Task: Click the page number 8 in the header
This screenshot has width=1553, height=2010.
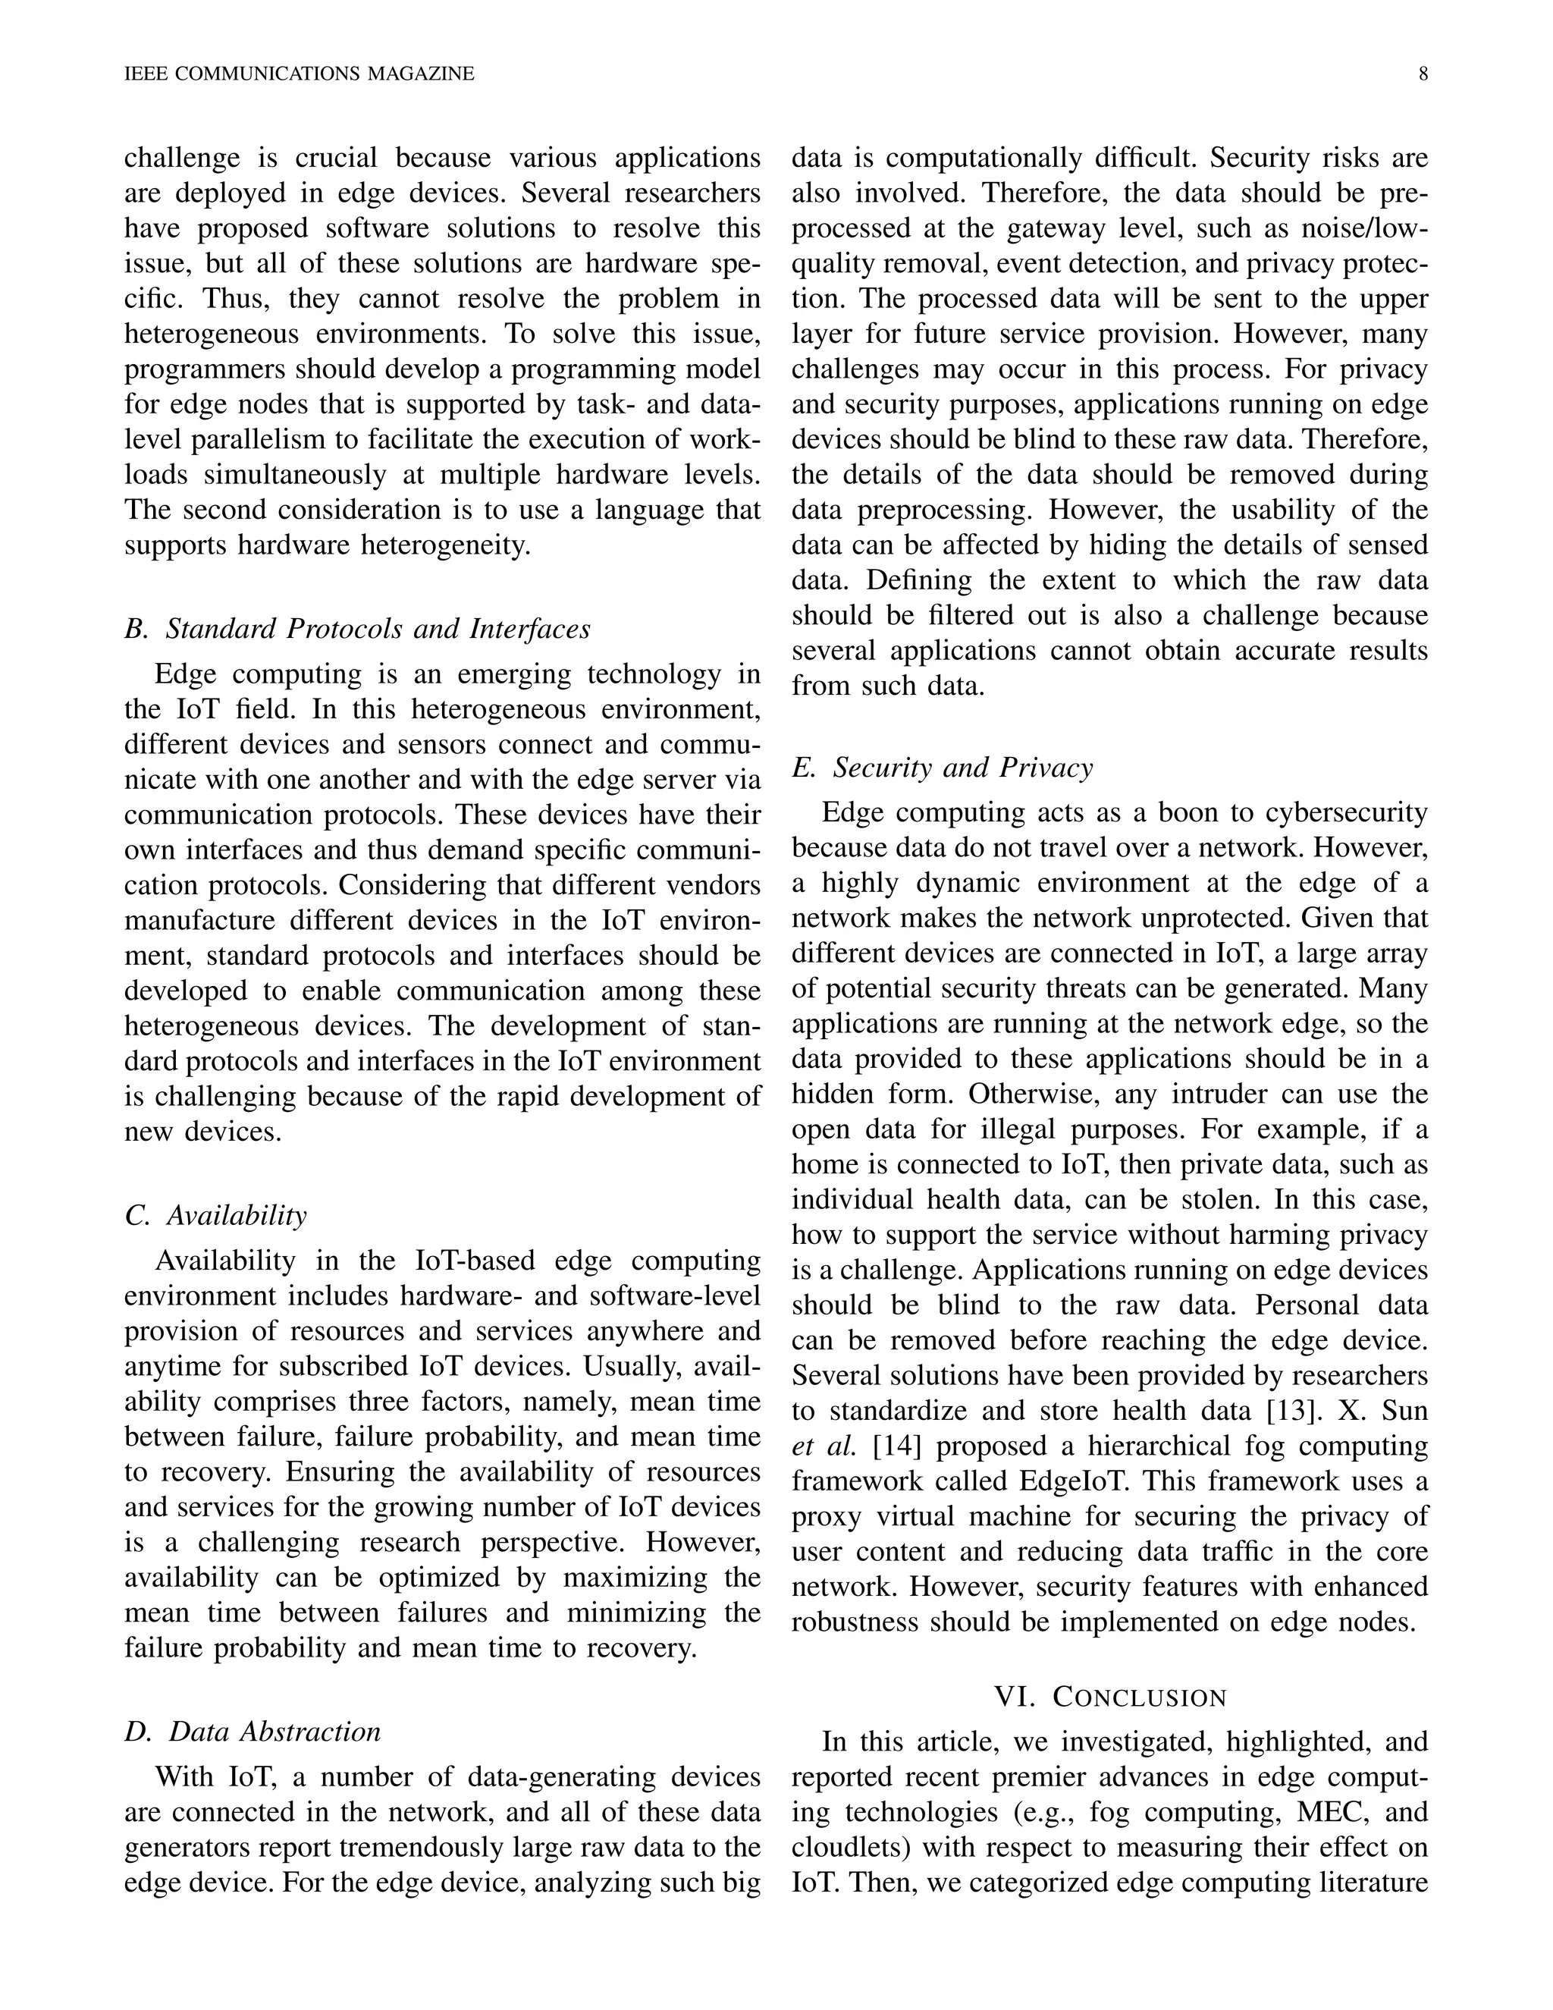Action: (x=1423, y=74)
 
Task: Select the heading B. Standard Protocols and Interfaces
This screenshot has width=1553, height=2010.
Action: (x=357, y=630)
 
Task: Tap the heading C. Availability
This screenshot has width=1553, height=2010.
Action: (x=215, y=1216)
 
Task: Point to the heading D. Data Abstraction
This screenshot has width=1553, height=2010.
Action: (x=252, y=1732)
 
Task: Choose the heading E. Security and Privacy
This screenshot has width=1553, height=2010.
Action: (x=942, y=768)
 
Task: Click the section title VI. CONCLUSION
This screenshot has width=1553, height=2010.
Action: (x=1110, y=1697)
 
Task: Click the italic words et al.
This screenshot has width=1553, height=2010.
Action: (x=824, y=1446)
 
